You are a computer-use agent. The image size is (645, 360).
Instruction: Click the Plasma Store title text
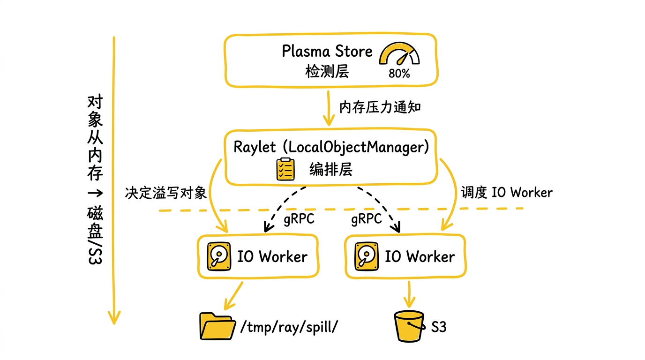(327, 51)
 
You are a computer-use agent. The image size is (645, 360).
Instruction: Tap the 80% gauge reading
(399, 74)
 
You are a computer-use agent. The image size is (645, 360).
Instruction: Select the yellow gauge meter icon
(399, 53)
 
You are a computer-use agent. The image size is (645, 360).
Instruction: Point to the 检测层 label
(327, 71)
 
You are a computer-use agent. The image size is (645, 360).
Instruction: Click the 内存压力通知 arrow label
(380, 107)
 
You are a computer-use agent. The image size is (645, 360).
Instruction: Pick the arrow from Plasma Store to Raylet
(329, 108)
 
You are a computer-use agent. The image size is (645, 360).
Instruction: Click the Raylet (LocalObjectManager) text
(331, 147)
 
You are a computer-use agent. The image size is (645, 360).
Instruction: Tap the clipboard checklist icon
(285, 169)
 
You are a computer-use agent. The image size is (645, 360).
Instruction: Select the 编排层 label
(331, 169)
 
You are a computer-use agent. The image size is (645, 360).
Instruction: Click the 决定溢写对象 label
(166, 193)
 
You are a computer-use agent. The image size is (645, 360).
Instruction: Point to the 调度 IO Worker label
(507, 192)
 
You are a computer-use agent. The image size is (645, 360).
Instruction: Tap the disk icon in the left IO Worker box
(219, 256)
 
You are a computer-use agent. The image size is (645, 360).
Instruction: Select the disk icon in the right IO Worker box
(367, 256)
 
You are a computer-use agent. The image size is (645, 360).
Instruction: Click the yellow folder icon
(217, 326)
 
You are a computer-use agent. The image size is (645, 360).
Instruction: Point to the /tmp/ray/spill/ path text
(289, 327)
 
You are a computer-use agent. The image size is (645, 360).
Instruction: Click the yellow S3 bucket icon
(409, 326)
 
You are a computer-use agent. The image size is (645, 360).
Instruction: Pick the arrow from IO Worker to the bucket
(409, 294)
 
